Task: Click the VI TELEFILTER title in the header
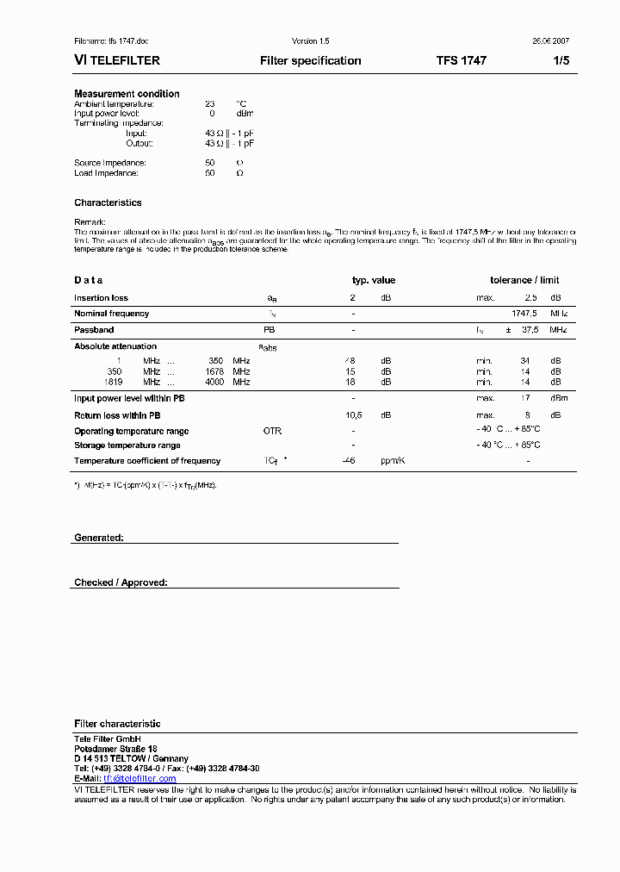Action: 116,61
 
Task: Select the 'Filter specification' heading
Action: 310,61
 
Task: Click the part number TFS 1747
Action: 461,61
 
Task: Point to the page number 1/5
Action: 561,61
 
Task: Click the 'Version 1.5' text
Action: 310,41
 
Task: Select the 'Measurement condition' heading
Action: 127,94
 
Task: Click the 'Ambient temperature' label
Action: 114,103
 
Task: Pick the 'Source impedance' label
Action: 109,163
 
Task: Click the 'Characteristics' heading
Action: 108,203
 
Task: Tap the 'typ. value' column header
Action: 374,280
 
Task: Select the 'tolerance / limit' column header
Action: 524,280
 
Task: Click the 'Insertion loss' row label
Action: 101,298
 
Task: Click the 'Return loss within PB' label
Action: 117,415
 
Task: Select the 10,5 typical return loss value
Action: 352,415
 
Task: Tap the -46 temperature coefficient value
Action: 349,461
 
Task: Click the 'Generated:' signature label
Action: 98,538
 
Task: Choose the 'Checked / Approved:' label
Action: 121,583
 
